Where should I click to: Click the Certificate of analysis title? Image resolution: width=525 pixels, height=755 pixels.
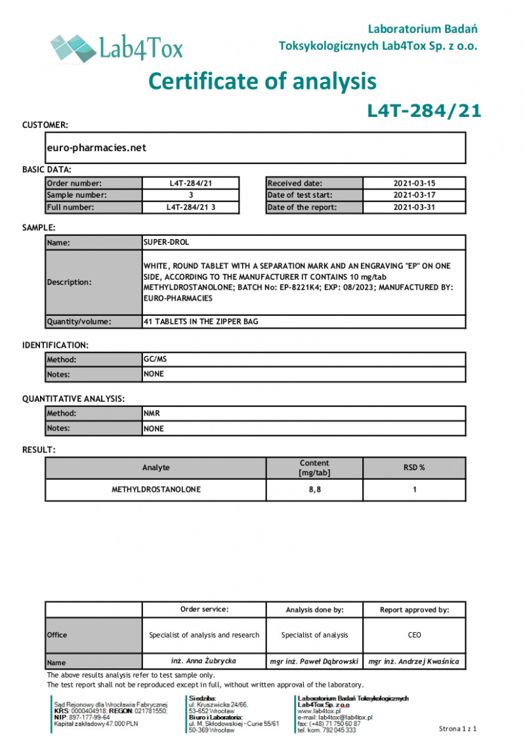[x=262, y=81]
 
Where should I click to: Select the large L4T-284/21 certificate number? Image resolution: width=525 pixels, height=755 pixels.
[x=423, y=111]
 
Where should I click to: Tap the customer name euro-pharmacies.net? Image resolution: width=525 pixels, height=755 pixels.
[x=96, y=148]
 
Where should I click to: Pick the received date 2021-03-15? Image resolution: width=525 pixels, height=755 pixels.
[x=414, y=184]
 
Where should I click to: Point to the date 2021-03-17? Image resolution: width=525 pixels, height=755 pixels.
[x=414, y=196]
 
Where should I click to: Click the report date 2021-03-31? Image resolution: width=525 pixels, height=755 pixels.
[x=414, y=207]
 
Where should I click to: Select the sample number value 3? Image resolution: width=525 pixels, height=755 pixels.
[x=190, y=196]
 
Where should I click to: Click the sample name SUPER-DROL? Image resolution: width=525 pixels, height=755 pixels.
[x=166, y=242]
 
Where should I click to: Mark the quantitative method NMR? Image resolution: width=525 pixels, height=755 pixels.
[x=152, y=414]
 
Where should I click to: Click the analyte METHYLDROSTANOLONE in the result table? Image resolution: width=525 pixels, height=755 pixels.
[x=156, y=490]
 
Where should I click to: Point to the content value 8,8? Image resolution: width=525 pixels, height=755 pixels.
[x=314, y=490]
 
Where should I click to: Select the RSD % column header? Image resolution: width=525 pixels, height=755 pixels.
[x=414, y=468]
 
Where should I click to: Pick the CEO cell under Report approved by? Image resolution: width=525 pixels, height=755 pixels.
[x=414, y=635]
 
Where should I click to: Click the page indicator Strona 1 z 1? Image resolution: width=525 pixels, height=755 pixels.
[x=457, y=729]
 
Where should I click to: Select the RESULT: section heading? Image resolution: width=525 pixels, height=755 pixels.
[x=39, y=450]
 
